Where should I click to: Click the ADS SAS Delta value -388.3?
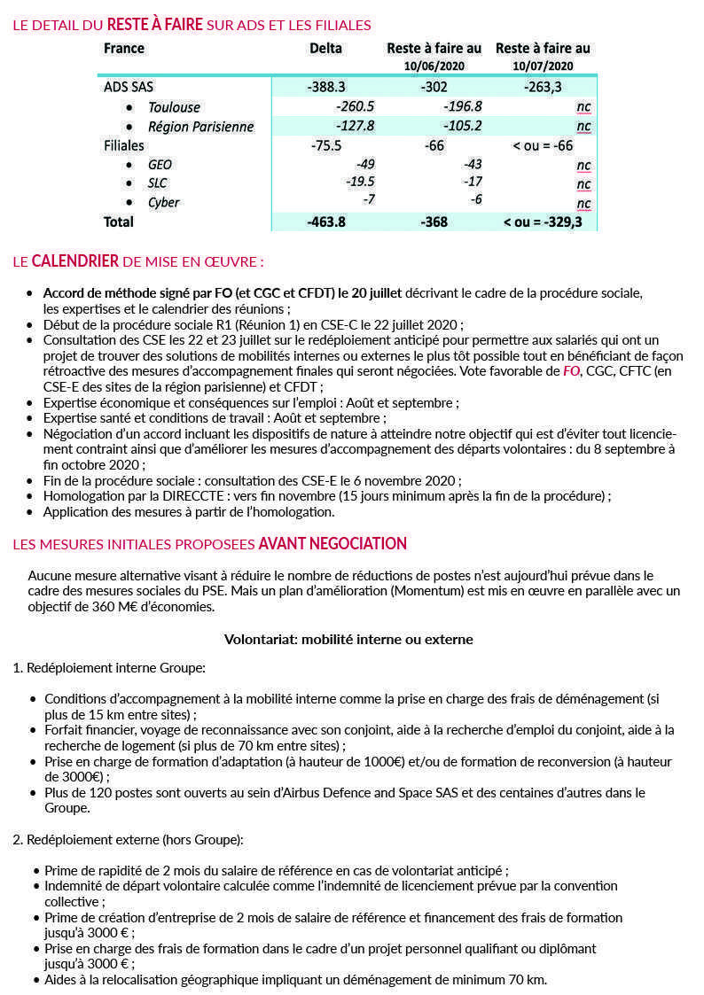(325, 87)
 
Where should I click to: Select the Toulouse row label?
(174, 107)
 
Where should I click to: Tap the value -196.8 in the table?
(462, 106)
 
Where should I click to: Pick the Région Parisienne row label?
(200, 127)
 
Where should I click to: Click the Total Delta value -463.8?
(325, 222)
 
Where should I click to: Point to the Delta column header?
(325, 48)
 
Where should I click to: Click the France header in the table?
(124, 48)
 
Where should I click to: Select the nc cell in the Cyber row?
(583, 203)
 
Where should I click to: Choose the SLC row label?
(158, 183)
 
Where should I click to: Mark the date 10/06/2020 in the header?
(434, 66)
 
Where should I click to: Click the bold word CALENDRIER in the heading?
(75, 261)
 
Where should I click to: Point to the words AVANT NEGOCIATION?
(332, 543)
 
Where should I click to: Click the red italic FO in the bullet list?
(572, 371)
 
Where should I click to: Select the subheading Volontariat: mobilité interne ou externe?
(348, 639)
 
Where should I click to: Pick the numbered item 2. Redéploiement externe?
(128, 838)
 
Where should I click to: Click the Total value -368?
(434, 222)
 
